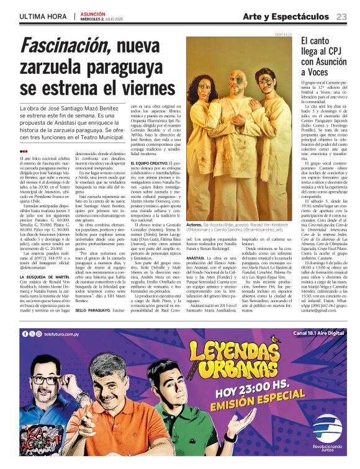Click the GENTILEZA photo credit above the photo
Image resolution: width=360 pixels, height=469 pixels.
click(x=283, y=34)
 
